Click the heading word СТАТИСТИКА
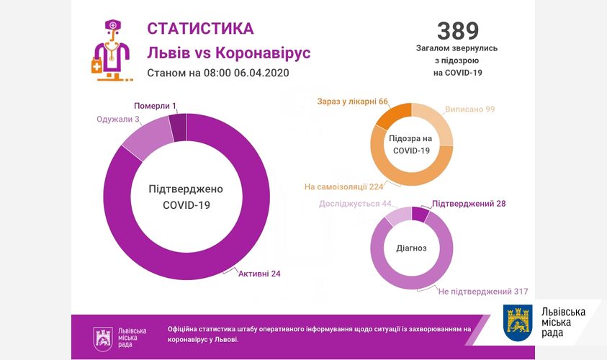tap(200, 28)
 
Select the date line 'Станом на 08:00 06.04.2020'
tap(217, 73)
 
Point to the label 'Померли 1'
tap(155, 106)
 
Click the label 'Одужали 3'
tap(118, 120)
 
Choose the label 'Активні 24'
tap(258, 273)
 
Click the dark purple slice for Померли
tap(178, 127)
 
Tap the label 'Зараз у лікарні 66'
tap(352, 101)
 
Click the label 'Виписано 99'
tap(470, 109)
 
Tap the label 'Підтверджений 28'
tap(469, 204)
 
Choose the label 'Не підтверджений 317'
tap(483, 292)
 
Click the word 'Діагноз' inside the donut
tap(411, 248)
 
